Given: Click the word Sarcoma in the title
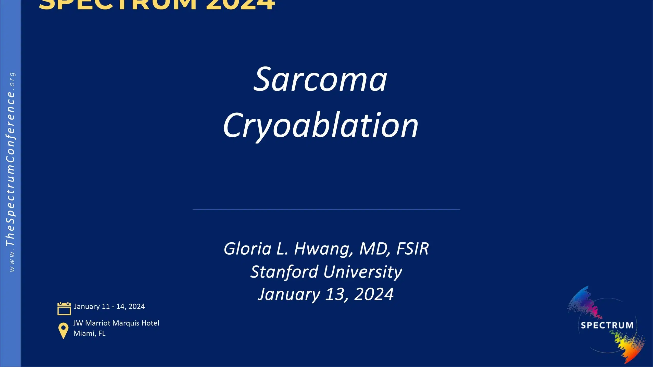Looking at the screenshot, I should coord(320,80).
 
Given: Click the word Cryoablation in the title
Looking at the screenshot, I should coord(321,125).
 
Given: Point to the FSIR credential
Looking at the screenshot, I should coord(413,249).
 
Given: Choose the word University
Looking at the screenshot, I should coord(363,272).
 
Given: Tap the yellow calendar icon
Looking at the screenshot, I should coord(64,308).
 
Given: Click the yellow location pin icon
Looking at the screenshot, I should coord(63,330).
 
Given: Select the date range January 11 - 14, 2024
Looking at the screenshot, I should coord(109,306).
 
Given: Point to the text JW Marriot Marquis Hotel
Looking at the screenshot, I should coord(116,323).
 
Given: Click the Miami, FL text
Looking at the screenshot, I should coord(90,333).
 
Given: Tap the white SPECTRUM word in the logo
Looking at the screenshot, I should coord(607,325).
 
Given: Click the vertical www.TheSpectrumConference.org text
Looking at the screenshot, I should coord(11,172).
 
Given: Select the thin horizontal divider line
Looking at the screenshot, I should coord(326,209).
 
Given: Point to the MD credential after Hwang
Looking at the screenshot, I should coord(374,249).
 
